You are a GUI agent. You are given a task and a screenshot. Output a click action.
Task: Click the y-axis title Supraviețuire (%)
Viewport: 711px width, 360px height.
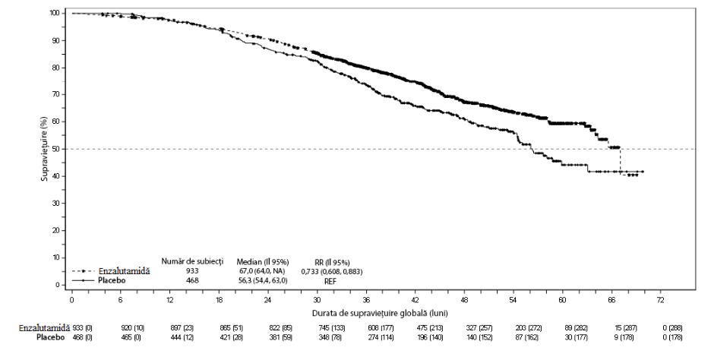(x=44, y=149)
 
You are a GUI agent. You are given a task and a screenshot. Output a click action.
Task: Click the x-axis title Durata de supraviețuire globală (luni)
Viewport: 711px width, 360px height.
(x=380, y=314)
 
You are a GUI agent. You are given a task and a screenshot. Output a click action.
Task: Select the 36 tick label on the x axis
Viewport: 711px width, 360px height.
(x=366, y=300)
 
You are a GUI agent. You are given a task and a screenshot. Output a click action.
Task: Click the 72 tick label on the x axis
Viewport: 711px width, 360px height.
(x=660, y=300)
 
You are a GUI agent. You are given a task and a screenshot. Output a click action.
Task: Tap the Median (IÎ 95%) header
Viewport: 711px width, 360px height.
(x=263, y=262)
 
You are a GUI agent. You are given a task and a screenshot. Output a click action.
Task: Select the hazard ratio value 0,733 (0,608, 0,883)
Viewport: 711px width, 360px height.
(x=332, y=272)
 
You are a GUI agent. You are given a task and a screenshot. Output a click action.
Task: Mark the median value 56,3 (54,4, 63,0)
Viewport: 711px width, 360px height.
(x=263, y=281)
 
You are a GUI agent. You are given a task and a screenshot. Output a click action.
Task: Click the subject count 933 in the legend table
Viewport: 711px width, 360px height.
(x=192, y=271)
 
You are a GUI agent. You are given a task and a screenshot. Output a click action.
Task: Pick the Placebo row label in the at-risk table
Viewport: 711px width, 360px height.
(x=50, y=337)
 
